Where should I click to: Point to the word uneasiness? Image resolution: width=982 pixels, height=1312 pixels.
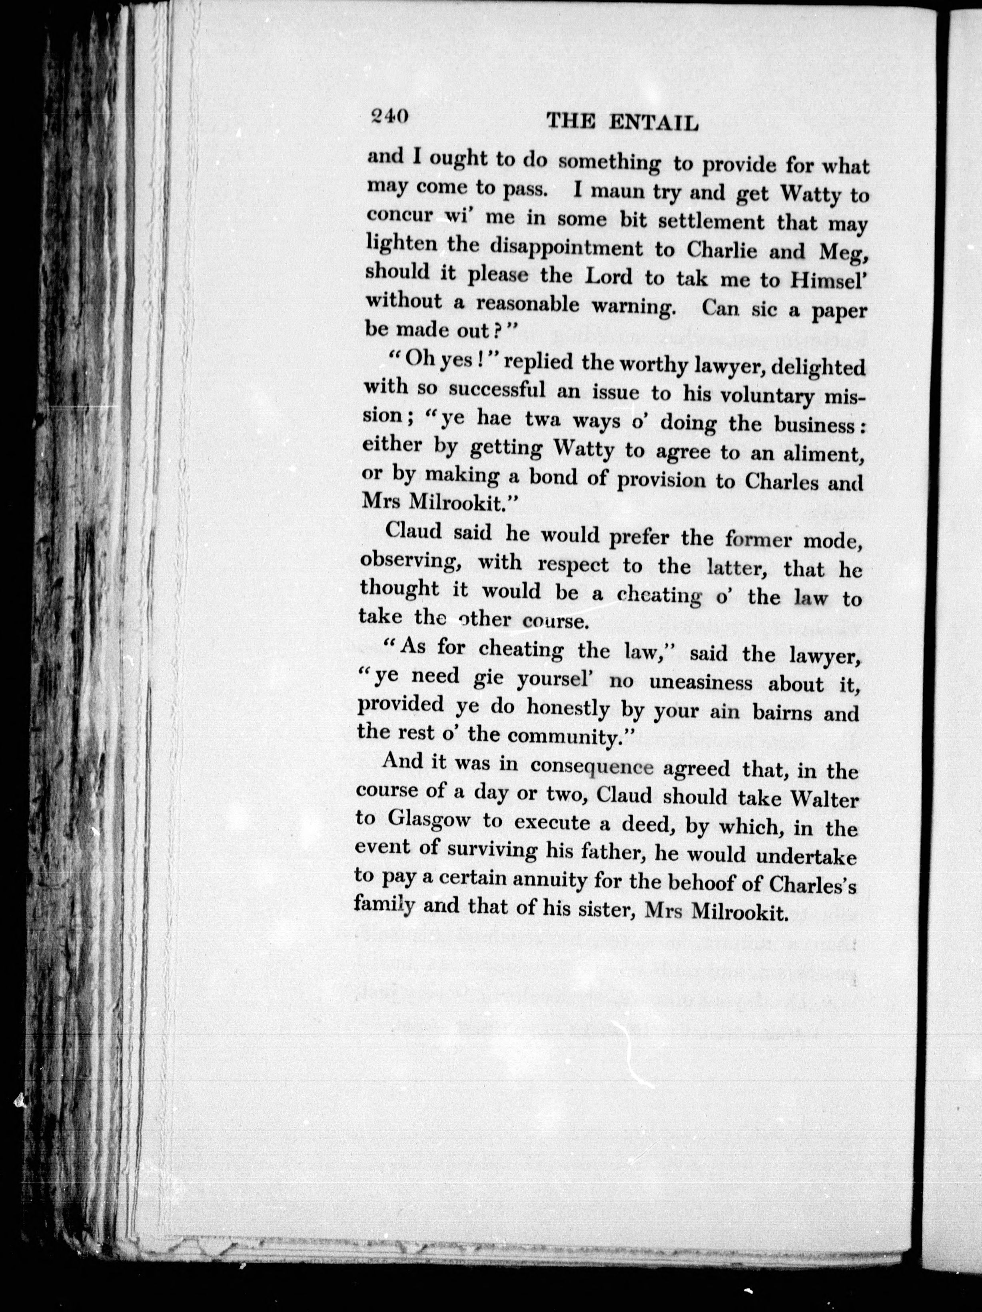(701, 683)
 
